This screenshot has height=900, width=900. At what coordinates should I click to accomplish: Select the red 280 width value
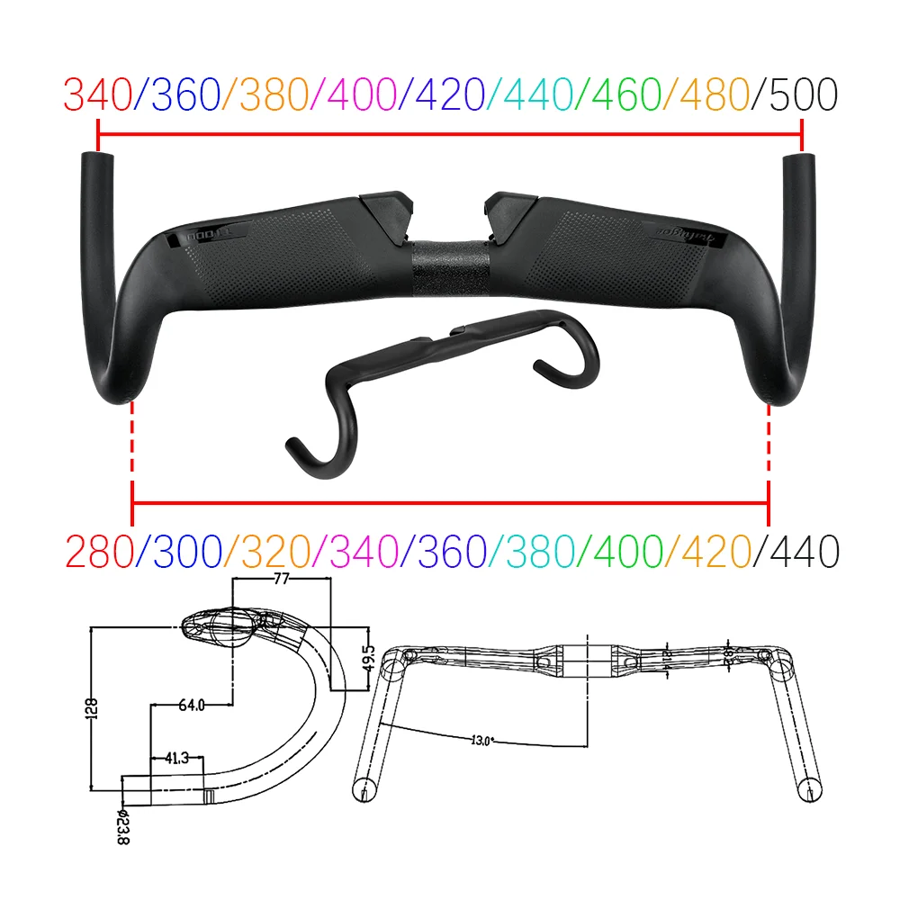[x=97, y=551]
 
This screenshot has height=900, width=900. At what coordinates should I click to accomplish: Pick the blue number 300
[x=185, y=551]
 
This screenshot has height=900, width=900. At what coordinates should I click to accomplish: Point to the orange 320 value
[x=273, y=551]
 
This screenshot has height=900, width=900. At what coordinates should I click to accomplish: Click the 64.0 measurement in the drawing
[x=192, y=705]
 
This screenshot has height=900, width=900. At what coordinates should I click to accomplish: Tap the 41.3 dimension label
[x=178, y=759]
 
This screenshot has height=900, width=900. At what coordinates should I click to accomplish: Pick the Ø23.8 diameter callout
[x=122, y=823]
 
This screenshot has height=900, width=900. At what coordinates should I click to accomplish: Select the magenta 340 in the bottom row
[x=360, y=551]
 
